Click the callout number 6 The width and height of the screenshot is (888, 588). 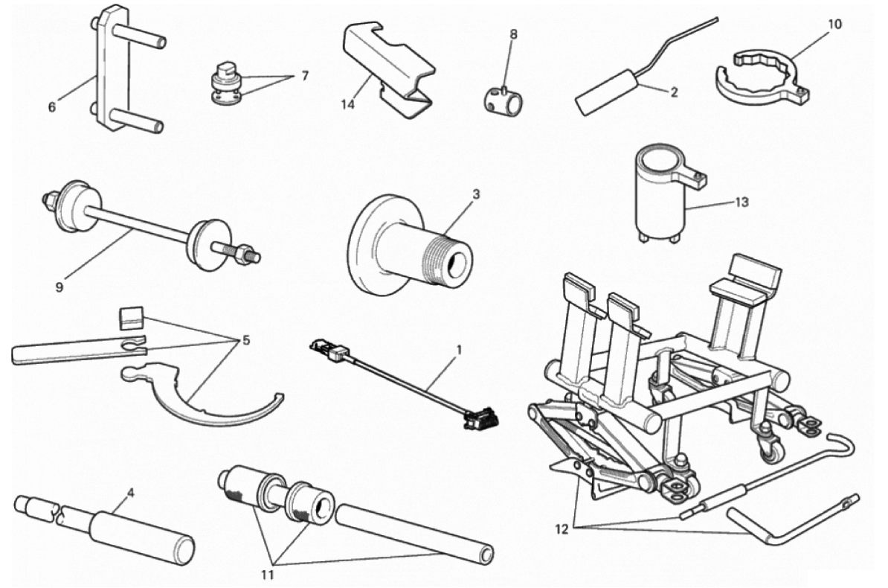pyautogui.click(x=52, y=106)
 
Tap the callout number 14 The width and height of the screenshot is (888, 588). pyautogui.click(x=347, y=105)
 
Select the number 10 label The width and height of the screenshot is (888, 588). pyautogui.click(x=834, y=24)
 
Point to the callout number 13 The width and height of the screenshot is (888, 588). pyautogui.click(x=741, y=202)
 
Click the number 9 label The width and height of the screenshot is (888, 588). pyautogui.click(x=59, y=287)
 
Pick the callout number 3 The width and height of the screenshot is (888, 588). pyautogui.click(x=476, y=194)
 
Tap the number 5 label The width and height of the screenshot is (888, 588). pyautogui.click(x=245, y=341)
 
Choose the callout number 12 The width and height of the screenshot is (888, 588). pyautogui.click(x=562, y=530)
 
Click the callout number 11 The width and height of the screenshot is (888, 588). pyautogui.click(x=267, y=575)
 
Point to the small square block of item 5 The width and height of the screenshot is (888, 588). pyautogui.click(x=131, y=317)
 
